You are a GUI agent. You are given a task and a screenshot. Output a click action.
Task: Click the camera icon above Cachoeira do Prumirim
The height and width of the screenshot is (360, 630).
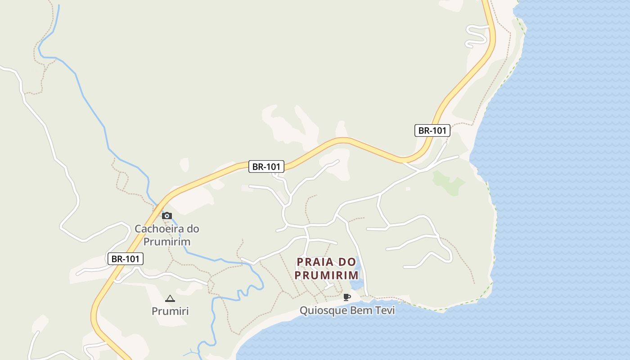pos(167,216)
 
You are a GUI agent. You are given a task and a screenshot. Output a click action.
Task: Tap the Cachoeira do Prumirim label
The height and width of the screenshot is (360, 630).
pos(167,235)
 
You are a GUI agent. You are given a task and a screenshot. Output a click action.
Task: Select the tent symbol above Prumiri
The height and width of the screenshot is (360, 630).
pos(170,298)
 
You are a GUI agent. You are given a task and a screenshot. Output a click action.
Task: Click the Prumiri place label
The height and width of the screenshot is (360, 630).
pos(170,311)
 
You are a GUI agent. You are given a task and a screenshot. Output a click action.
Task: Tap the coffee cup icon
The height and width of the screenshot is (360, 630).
pos(346,297)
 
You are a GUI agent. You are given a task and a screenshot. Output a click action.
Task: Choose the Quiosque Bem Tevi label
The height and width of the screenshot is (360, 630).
pos(347,310)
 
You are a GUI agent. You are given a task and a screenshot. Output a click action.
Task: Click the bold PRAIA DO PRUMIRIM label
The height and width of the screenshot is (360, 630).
pos(327,268)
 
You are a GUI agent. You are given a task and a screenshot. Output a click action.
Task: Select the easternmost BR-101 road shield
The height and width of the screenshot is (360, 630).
pos(432,130)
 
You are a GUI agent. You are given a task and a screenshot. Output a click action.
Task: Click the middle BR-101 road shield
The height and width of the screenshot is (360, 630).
pos(266,166)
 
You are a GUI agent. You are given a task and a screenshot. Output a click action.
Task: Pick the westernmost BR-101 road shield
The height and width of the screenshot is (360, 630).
pos(126,259)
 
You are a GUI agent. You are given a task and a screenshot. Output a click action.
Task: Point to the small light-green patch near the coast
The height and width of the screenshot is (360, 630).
pos(448,183)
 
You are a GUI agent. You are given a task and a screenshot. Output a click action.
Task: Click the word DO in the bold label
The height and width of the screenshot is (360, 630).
pos(348,262)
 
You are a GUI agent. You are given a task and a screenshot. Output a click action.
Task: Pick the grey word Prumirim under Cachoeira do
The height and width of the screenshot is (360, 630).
pos(167,242)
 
